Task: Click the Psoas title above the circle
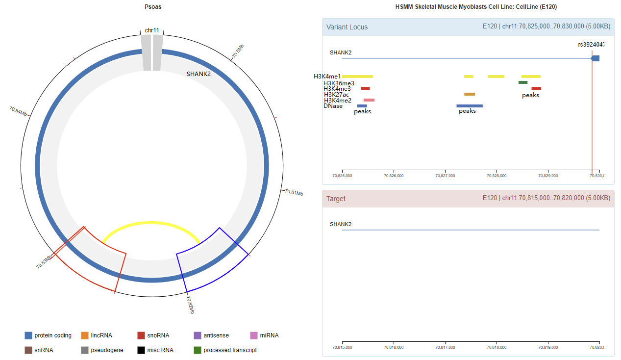point(153,7)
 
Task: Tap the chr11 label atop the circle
point(152,30)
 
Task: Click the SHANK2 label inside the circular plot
point(199,74)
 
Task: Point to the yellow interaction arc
point(151,223)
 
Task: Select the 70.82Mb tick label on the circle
point(190,305)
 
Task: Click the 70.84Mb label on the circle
point(18,111)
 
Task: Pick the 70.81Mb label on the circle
point(294,192)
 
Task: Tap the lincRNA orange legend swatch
point(85,335)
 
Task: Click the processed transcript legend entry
point(225,350)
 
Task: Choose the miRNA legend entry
point(265,335)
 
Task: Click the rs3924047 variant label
point(591,44)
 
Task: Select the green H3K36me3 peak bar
point(523,82)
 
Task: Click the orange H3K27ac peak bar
point(470,94)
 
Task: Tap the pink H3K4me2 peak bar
point(369,100)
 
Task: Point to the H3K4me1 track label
point(327,77)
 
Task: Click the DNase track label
point(333,106)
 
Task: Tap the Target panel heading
point(336,199)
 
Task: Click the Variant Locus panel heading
point(347,27)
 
